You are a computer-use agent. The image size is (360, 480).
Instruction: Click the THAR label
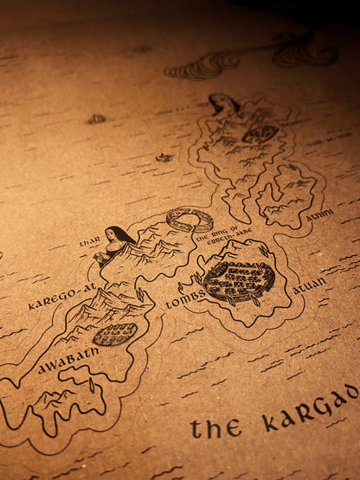coord(90,242)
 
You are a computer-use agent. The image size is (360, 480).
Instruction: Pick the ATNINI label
coord(319,214)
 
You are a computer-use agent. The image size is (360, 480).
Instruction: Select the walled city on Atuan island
coord(239,281)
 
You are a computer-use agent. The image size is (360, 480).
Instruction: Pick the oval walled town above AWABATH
coord(114,334)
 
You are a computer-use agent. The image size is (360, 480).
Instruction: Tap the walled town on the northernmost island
coord(260,134)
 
